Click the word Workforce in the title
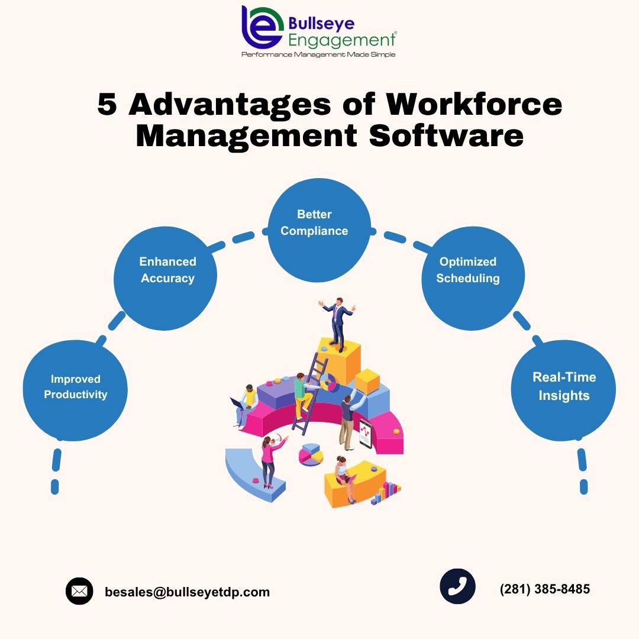tap(473, 104)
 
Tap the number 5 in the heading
tap(107, 104)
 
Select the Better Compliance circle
tap(319, 230)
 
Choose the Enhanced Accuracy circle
tap(166, 278)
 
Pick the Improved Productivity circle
tap(75, 390)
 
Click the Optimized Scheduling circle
tap(473, 278)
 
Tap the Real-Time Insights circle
tap(563, 390)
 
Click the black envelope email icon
tap(79, 591)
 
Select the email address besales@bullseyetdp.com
tap(187, 592)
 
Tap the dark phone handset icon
tap(457, 586)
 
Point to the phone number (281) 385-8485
tap(545, 589)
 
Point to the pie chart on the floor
tap(311, 454)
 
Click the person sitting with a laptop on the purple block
tap(244, 405)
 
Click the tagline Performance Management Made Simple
tap(318, 54)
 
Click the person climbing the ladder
tap(302, 395)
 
